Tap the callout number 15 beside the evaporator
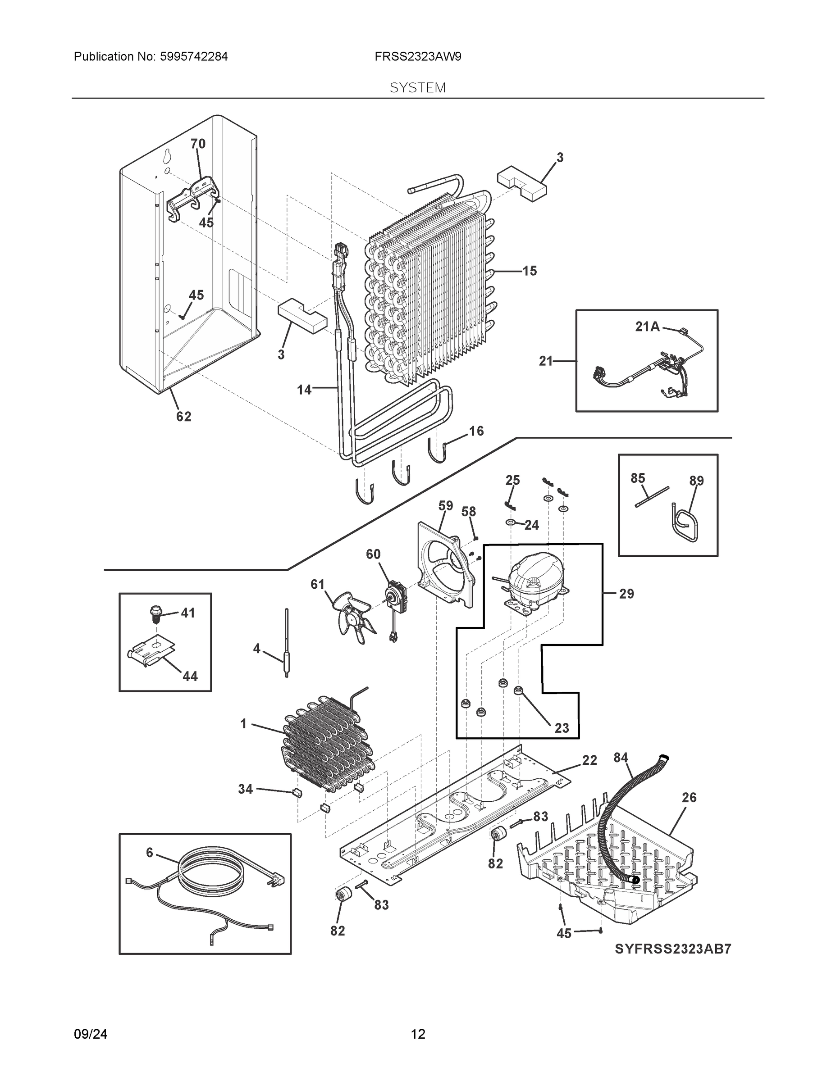[x=530, y=271]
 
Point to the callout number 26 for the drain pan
[x=689, y=797]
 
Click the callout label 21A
[x=647, y=327]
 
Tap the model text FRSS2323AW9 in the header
[x=417, y=57]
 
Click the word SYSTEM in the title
[x=417, y=88]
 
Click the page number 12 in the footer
[x=417, y=1034]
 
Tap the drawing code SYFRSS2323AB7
[x=672, y=949]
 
